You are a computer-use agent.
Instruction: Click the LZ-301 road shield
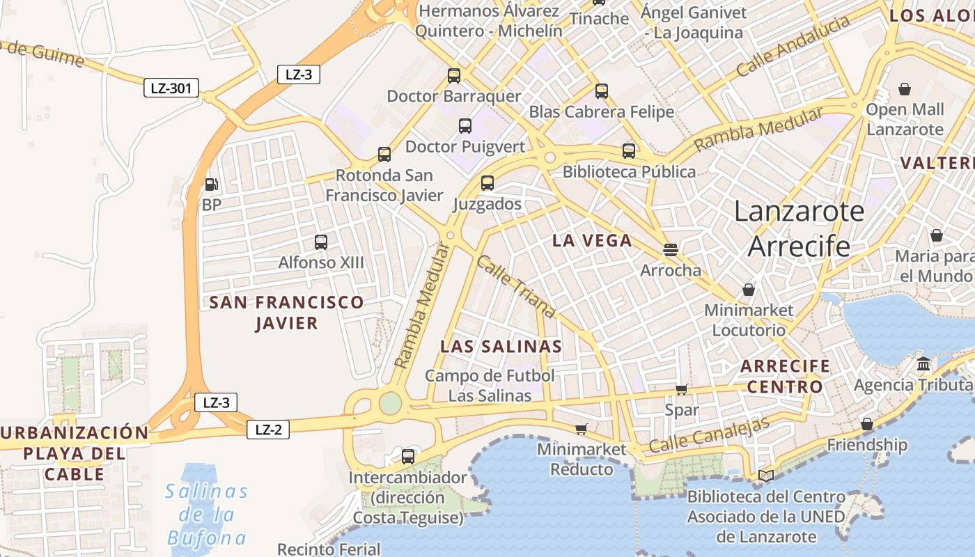pyautogui.click(x=171, y=88)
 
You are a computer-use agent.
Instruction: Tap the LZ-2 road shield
pyautogui.click(x=267, y=430)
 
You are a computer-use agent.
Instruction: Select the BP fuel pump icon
pyautogui.click(x=211, y=185)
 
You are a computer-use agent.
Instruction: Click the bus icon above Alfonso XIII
pyautogui.click(x=320, y=242)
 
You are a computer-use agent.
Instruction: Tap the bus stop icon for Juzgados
pyautogui.click(x=487, y=183)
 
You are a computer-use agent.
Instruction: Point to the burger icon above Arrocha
pyautogui.click(x=671, y=249)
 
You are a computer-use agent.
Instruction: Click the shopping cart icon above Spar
pyautogui.click(x=681, y=389)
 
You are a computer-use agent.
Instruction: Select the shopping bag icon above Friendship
pyautogui.click(x=867, y=424)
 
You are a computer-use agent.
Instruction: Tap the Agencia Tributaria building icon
pyautogui.click(x=923, y=364)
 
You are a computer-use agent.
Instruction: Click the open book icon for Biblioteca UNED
pyautogui.click(x=766, y=476)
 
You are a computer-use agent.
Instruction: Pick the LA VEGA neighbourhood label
pyautogui.click(x=592, y=241)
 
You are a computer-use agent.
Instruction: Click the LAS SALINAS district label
pyautogui.click(x=501, y=347)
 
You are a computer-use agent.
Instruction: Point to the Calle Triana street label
pyautogui.click(x=515, y=286)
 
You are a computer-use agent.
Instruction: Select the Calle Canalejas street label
pyautogui.click(x=709, y=434)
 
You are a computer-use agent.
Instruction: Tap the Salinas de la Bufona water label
pyautogui.click(x=206, y=515)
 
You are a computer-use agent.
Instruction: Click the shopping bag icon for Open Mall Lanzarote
pyautogui.click(x=904, y=89)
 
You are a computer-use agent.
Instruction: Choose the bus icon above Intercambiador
pyautogui.click(x=408, y=457)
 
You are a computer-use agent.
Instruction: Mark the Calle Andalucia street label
pyautogui.click(x=793, y=46)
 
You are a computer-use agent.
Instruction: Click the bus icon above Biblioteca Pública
pyautogui.click(x=628, y=151)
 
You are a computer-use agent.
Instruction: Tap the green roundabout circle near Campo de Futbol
pyautogui.click(x=390, y=402)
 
